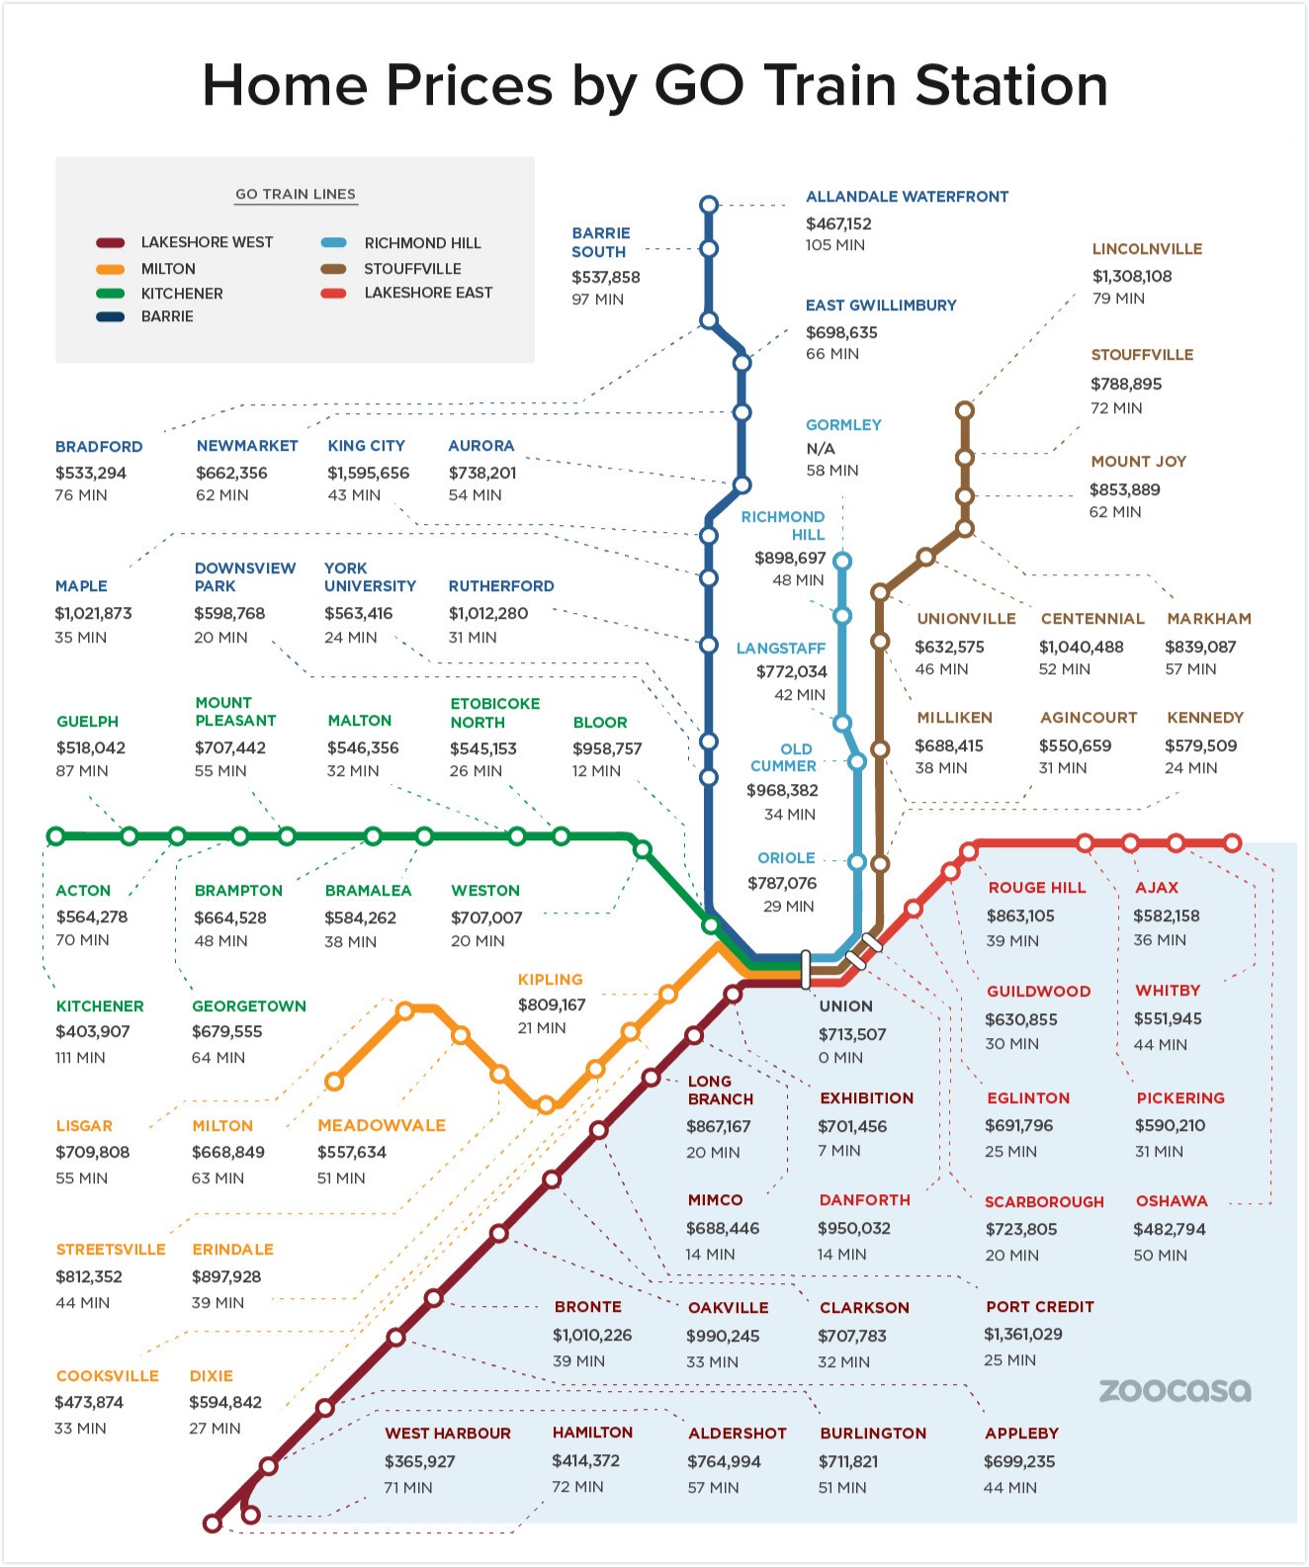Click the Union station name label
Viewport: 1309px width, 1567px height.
click(x=845, y=1006)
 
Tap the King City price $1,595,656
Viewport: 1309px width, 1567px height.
click(x=368, y=474)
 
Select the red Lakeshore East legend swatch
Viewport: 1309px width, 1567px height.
click(x=334, y=293)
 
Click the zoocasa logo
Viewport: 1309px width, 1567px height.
click(x=1175, y=1390)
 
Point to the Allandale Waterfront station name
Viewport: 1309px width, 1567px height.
click(x=907, y=197)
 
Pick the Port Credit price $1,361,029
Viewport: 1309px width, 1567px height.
click(x=1022, y=1335)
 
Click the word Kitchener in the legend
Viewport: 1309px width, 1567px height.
click(x=182, y=294)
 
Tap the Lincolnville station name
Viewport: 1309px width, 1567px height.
click(x=1147, y=249)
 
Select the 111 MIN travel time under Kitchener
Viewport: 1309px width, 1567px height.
click(x=80, y=1058)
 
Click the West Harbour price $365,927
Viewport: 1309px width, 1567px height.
click(x=419, y=1461)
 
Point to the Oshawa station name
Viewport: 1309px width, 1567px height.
click(x=1172, y=1201)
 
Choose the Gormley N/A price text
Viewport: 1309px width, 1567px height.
click(x=821, y=449)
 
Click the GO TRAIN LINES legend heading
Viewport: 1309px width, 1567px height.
click(x=296, y=195)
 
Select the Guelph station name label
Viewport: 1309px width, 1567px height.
click(x=87, y=722)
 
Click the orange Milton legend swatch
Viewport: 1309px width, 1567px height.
click(x=111, y=269)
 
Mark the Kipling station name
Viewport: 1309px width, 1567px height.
click(x=550, y=980)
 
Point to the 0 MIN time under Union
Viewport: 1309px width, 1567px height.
click(x=840, y=1058)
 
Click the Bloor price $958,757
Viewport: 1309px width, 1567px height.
click(x=607, y=749)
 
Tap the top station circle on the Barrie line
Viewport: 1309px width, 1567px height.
click(x=709, y=205)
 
